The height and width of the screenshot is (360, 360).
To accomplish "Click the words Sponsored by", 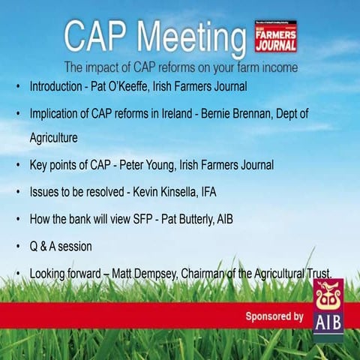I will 274,316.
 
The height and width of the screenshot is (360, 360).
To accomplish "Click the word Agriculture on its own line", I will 54,139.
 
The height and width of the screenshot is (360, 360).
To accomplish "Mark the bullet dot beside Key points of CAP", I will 18,165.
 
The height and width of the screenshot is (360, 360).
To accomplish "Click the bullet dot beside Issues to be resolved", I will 18,192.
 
